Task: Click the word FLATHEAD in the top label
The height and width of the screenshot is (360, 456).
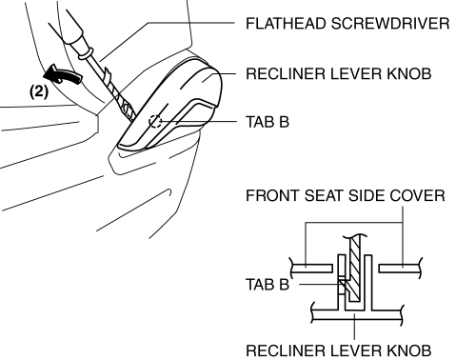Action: point(287,24)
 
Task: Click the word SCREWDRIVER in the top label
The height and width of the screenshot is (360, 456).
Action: point(390,24)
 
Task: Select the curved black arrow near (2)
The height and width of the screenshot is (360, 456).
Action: point(63,74)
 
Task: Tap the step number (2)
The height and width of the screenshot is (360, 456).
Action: point(39,91)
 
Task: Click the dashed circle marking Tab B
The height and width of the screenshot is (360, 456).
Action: point(155,121)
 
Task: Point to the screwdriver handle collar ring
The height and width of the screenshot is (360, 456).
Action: point(86,54)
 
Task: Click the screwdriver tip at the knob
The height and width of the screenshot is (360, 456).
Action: point(132,118)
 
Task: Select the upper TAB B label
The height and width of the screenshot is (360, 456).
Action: point(268,122)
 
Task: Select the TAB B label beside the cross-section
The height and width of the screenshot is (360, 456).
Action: point(268,284)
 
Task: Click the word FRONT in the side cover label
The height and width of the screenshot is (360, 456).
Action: point(273,195)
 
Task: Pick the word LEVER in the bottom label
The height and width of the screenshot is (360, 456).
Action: point(356,350)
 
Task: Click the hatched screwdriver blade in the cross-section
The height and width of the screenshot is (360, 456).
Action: point(354,269)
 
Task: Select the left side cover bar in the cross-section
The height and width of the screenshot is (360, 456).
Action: point(311,269)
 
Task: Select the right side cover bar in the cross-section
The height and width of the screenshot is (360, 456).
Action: point(401,269)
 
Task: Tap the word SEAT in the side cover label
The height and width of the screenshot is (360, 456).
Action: point(325,195)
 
